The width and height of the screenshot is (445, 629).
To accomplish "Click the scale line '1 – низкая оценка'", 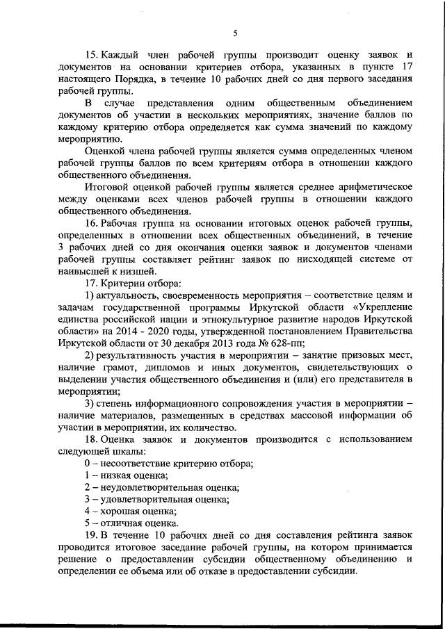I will click(x=126, y=475).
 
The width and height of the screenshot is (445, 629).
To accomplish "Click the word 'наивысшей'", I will click(x=83, y=271).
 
